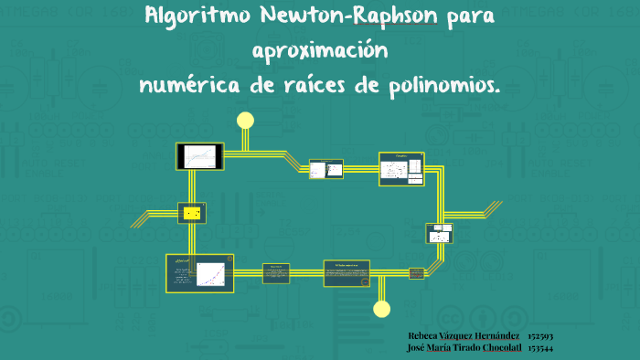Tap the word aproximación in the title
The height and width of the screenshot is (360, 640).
pos(320,50)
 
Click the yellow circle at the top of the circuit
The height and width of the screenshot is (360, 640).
pos(245,120)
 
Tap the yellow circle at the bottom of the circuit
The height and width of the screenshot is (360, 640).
pos(382,308)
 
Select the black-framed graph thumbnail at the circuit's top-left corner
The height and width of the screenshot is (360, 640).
pos(200,156)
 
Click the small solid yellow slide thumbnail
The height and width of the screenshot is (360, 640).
pos(192,213)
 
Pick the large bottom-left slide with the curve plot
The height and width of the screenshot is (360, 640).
pos(199,273)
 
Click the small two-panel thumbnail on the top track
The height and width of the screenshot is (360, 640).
pos(325,169)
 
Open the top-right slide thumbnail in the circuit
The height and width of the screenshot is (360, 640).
pos(401,168)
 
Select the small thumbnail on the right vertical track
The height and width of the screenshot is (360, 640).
pos(440,233)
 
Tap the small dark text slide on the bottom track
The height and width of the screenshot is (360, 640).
pos(276,272)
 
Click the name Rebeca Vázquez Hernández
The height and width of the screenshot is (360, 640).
pos(464,336)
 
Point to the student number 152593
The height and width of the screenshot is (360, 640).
pos(540,336)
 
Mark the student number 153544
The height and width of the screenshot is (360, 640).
pos(540,348)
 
